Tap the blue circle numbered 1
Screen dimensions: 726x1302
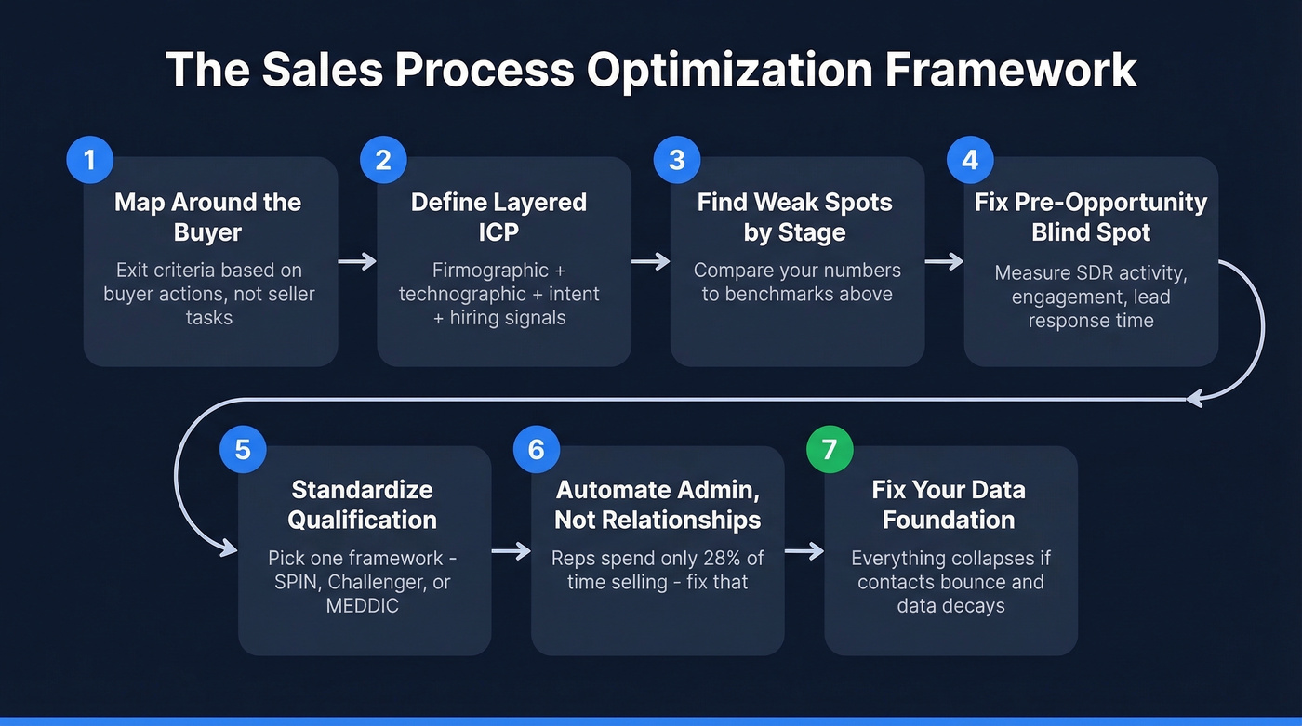pyautogui.click(x=89, y=160)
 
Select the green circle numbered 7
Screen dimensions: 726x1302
pyautogui.click(x=829, y=450)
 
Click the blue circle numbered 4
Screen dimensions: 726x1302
pyautogui.click(x=970, y=160)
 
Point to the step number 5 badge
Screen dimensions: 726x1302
pyautogui.click(x=243, y=450)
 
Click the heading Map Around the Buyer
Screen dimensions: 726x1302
pyautogui.click(x=207, y=217)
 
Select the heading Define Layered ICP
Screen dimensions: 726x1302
pyautogui.click(x=499, y=217)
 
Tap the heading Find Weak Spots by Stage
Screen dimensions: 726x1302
pyautogui.click(x=794, y=217)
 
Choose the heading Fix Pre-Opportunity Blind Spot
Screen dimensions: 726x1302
pyautogui.click(x=1090, y=217)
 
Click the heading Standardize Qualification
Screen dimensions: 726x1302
pyautogui.click(x=362, y=504)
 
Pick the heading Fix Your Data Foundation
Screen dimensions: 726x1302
pyautogui.click(x=949, y=504)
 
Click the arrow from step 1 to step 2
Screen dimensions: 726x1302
pyautogui.click(x=356, y=262)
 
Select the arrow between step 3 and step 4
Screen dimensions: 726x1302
pyautogui.click(x=943, y=262)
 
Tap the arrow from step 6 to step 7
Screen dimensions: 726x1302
pyautogui.click(x=804, y=552)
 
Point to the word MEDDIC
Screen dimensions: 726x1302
pyautogui.click(x=362, y=606)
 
